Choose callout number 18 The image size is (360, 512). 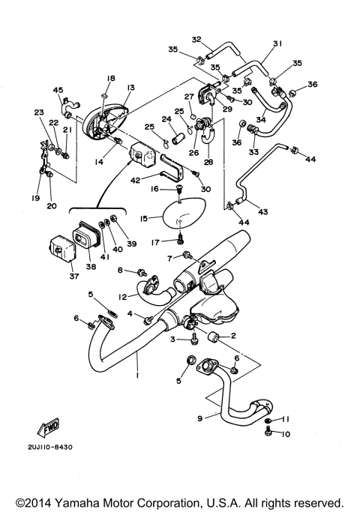click(110, 78)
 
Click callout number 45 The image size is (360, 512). click(57, 91)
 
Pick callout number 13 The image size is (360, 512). click(130, 88)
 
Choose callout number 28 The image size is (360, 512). click(207, 162)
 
